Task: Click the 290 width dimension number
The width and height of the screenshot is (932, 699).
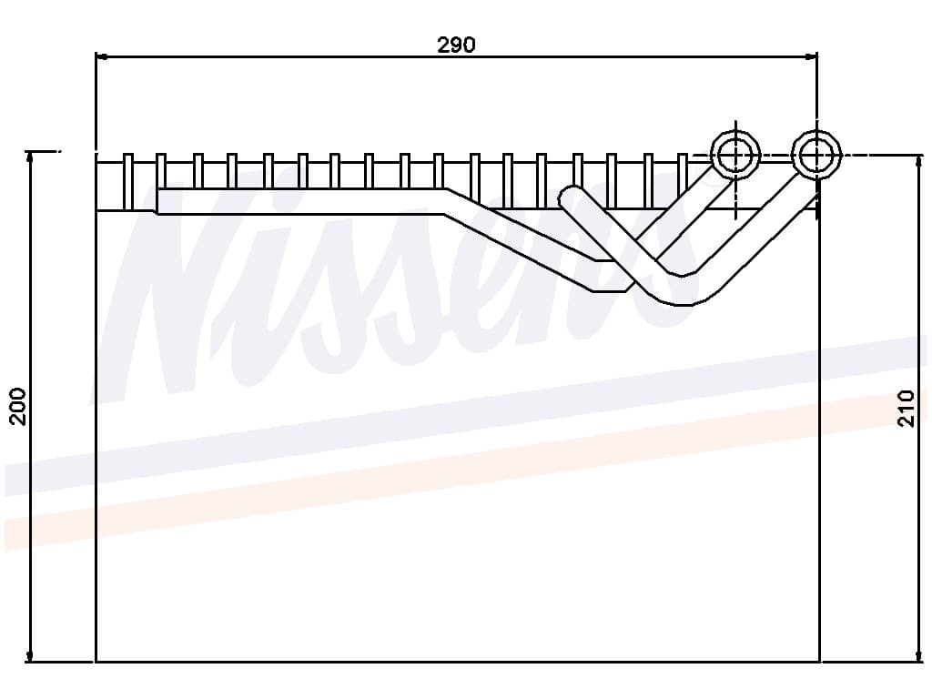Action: coord(456,44)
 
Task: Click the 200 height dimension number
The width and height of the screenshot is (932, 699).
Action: coord(19,406)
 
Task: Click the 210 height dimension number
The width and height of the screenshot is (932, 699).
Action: coord(906,409)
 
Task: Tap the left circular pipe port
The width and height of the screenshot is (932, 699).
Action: coord(734,156)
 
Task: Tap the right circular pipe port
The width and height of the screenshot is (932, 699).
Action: coord(816,155)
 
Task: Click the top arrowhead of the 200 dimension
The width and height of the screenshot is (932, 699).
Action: coord(31,157)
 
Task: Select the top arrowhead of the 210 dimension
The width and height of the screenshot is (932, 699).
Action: coord(917,160)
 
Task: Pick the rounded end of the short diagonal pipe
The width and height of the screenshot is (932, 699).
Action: coord(571,197)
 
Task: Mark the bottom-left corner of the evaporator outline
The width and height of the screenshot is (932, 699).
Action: coord(96,662)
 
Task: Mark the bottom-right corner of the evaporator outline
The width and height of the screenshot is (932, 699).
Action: coord(819,662)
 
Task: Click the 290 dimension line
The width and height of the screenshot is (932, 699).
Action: coord(273,56)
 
